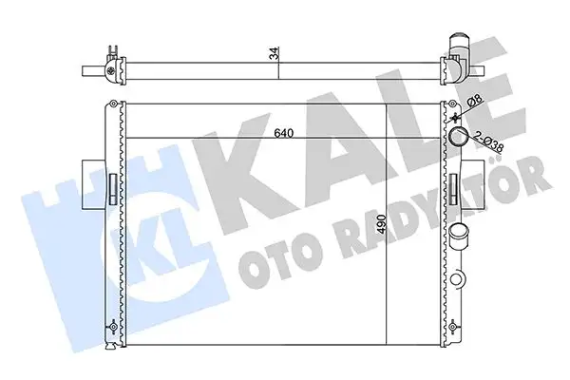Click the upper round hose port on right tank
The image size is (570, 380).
tap(458, 139)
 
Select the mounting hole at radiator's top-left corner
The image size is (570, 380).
tap(114, 104)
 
